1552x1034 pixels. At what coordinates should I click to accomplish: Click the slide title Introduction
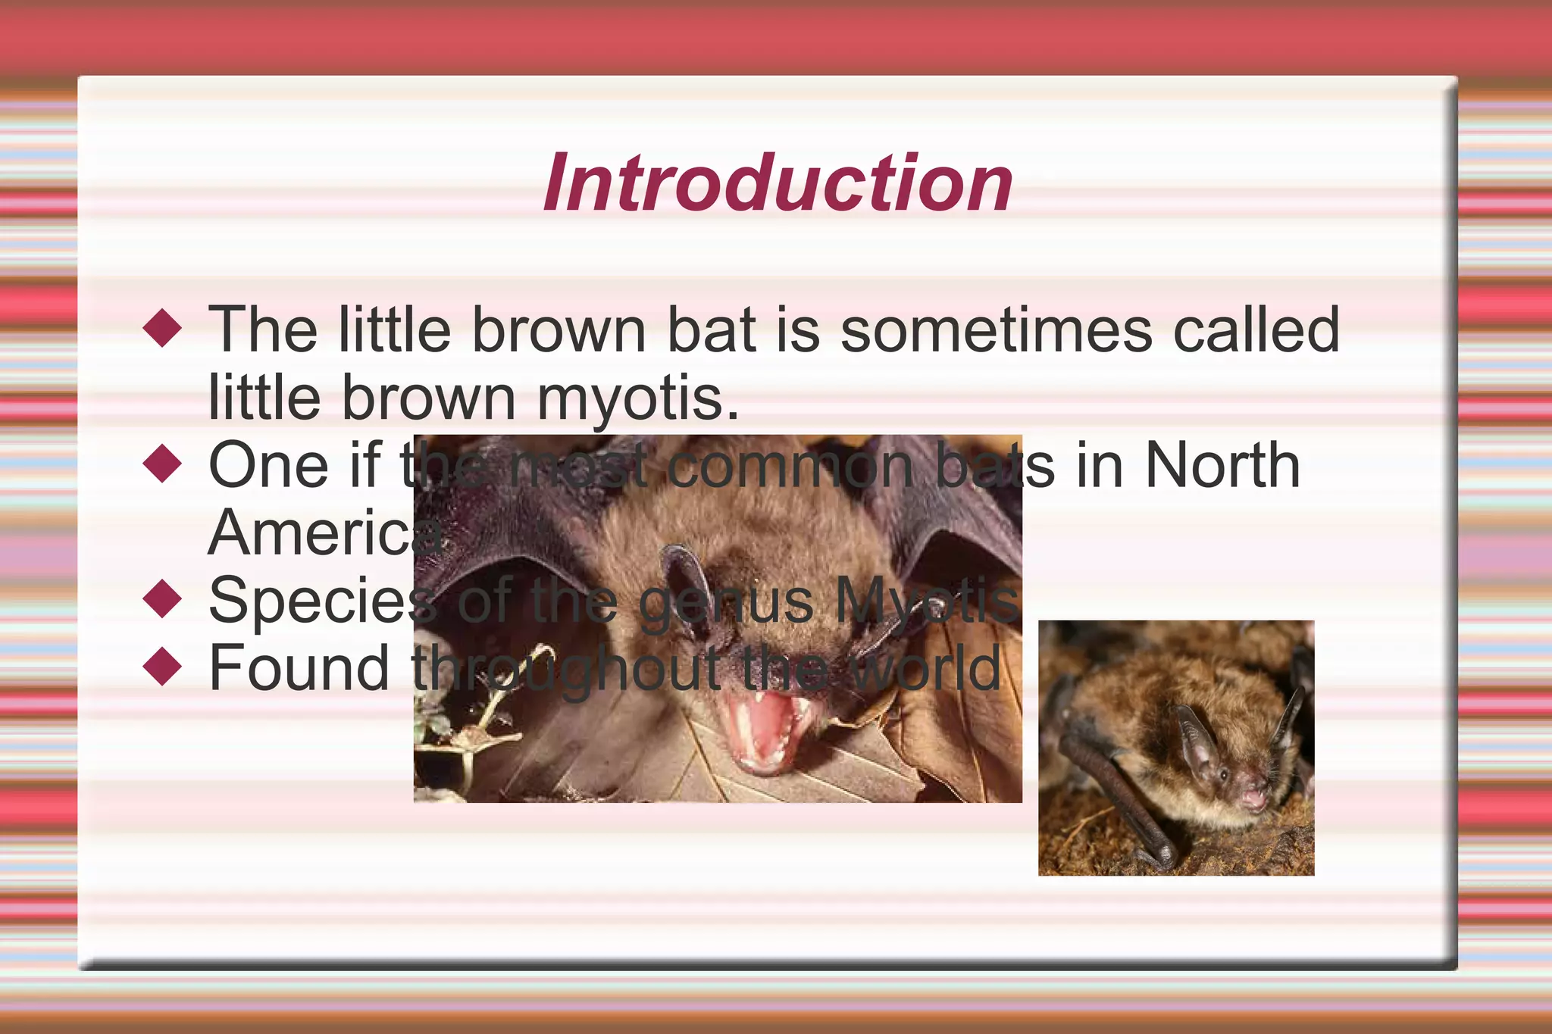[x=778, y=184]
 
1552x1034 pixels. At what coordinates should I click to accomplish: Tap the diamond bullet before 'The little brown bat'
[x=163, y=328]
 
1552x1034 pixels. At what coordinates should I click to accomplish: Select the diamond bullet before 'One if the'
[x=163, y=464]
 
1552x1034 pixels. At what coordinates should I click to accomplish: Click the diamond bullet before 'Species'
[x=163, y=599]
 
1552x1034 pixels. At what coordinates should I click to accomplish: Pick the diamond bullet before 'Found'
[x=163, y=667]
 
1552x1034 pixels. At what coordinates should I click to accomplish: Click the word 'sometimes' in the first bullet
[x=996, y=330]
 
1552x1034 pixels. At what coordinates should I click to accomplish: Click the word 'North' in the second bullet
[x=1222, y=465]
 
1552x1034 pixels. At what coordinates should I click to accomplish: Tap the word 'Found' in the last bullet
[x=299, y=668]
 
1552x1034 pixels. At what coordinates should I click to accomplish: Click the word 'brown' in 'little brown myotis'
[x=429, y=398]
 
